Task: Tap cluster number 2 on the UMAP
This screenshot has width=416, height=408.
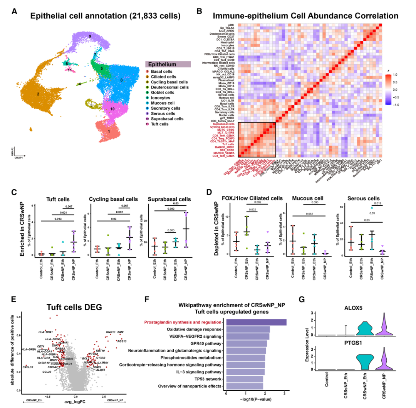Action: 38,94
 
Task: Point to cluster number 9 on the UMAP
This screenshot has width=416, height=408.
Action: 90,36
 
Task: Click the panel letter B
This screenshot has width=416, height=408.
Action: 199,12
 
